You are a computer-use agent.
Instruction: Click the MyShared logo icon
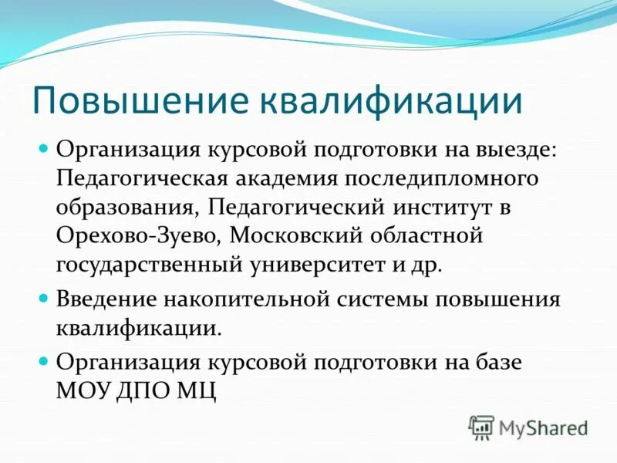(481, 427)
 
